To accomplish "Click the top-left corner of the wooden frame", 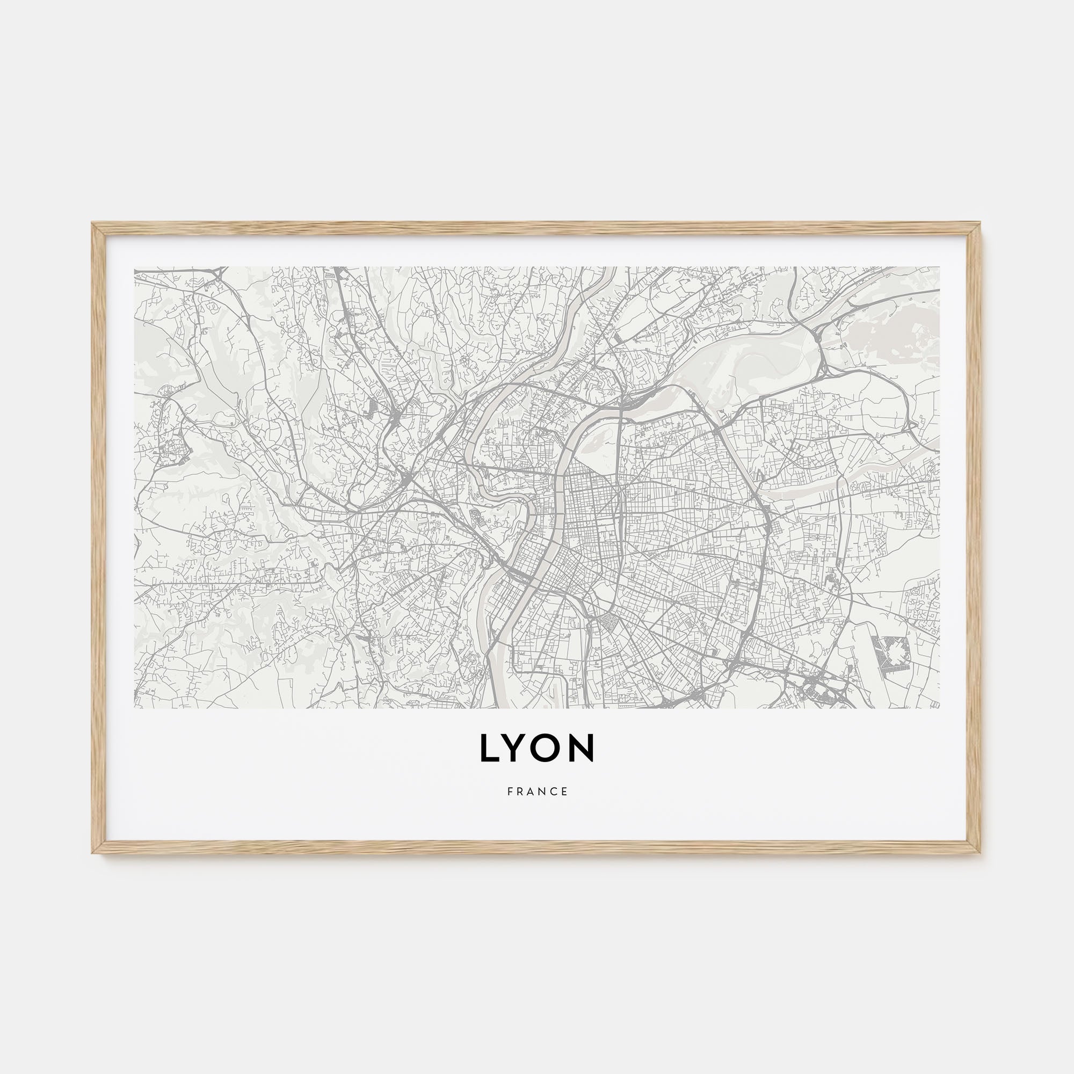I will (x=92, y=223).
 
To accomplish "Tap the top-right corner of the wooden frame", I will (x=981, y=223).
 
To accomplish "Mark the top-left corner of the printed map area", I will (x=135, y=267).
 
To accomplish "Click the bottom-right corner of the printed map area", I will (x=939, y=709).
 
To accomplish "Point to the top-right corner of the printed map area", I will (x=939, y=267).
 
